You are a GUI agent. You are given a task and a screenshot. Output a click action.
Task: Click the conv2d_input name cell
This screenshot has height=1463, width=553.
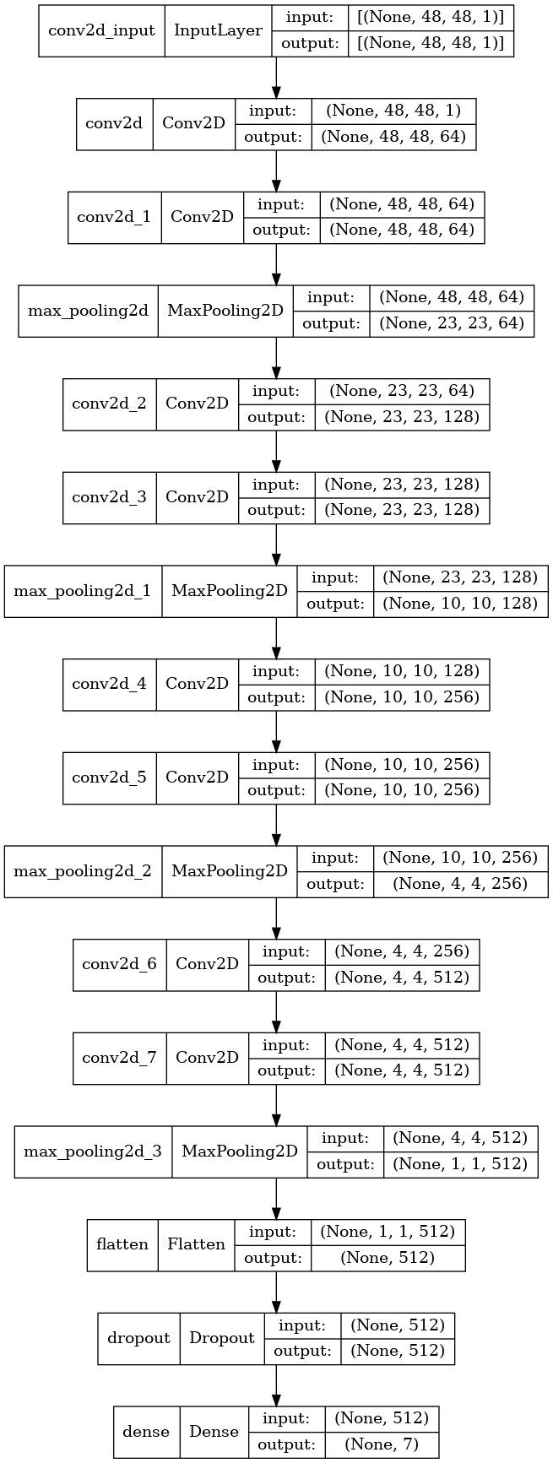[102, 31]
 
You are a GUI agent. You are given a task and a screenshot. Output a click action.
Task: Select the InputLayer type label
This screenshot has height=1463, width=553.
[218, 31]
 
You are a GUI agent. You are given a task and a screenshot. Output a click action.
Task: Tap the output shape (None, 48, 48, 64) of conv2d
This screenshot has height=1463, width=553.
[393, 137]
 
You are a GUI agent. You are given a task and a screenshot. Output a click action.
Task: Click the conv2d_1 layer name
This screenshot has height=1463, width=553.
[114, 216]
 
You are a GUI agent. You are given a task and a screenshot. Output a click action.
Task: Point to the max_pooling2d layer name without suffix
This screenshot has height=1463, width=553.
[88, 310]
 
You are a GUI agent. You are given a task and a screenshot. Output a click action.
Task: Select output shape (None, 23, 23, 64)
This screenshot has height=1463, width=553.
[452, 323]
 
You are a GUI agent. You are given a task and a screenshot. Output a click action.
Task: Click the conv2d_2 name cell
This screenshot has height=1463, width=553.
[109, 403]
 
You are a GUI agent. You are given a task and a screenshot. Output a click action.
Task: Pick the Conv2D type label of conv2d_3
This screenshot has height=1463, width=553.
[197, 496]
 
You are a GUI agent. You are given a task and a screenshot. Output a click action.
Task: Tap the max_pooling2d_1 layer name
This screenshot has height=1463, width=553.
[83, 590]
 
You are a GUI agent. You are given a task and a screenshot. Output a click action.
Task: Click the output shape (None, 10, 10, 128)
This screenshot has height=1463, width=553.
[460, 604]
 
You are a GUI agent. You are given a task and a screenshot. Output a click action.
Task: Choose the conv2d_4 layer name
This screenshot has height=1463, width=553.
[109, 683]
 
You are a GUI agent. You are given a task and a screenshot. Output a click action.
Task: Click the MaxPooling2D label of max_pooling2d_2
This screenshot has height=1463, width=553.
[230, 870]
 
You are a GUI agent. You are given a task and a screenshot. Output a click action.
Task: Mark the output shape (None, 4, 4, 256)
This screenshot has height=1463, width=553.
[460, 884]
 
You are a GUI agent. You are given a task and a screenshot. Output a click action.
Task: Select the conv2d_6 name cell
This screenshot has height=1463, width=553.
[119, 963]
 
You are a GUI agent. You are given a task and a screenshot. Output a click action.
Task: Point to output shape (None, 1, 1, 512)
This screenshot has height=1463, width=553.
[460, 1164]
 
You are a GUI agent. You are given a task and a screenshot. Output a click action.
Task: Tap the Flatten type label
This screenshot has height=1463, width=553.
[196, 1244]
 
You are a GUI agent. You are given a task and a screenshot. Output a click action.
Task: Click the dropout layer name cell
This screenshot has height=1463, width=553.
[138, 1337]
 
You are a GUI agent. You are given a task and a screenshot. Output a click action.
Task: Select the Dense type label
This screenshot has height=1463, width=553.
[214, 1431]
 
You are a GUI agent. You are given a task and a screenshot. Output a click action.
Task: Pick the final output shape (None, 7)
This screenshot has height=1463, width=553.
[382, 1444]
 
